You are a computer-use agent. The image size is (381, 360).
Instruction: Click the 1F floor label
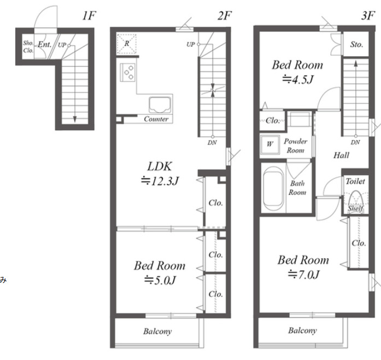click(89, 16)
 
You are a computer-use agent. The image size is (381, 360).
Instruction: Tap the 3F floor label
click(368, 16)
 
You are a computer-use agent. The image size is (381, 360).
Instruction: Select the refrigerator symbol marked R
click(127, 44)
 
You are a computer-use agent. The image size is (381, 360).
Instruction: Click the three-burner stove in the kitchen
click(127, 72)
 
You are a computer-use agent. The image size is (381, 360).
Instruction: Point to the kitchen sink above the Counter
click(160, 105)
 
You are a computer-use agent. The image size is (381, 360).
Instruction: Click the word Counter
click(156, 119)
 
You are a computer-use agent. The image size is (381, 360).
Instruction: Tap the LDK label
click(160, 166)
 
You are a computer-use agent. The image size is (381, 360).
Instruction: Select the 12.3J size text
click(160, 181)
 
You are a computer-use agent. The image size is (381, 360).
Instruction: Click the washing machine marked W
click(269, 144)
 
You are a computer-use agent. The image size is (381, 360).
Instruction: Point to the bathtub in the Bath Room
click(273, 189)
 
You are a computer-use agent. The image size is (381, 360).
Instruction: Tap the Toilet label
click(355, 181)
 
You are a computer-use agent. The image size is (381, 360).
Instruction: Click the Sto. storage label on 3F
click(356, 44)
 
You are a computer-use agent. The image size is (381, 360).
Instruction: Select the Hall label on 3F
click(341, 155)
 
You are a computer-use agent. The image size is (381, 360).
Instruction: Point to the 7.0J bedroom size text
click(303, 275)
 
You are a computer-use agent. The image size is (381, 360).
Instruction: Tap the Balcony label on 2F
click(157, 332)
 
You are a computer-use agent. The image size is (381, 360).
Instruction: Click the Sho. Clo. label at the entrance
click(28, 47)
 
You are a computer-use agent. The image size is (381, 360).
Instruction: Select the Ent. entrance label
click(44, 44)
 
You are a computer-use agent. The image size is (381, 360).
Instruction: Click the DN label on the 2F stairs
click(212, 143)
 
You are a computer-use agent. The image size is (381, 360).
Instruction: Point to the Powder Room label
click(296, 146)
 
